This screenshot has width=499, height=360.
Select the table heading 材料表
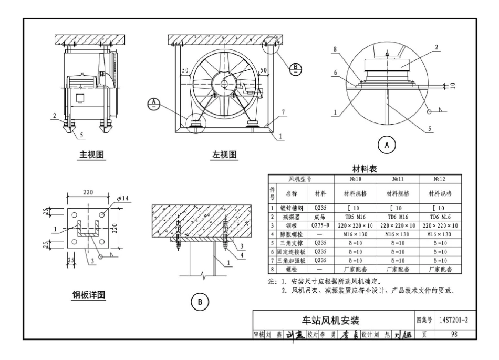(x=367, y=169)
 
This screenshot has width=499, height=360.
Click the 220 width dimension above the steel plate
(x=89, y=192)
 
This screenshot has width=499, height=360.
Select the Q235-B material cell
(x=320, y=225)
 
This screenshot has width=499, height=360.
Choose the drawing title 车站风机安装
(x=332, y=321)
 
